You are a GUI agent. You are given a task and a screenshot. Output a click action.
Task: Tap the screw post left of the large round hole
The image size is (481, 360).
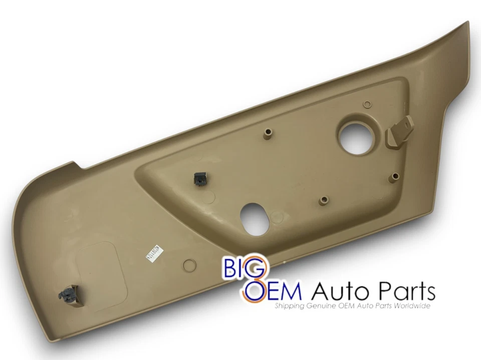[268, 132]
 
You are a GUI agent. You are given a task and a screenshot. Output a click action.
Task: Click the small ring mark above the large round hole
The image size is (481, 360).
[367, 104]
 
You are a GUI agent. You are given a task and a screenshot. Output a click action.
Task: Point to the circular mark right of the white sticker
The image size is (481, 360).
[189, 265]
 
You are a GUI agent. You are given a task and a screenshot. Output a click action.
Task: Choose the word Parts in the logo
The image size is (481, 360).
[403, 291]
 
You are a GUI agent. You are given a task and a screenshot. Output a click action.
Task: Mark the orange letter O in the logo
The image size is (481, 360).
[254, 290]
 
